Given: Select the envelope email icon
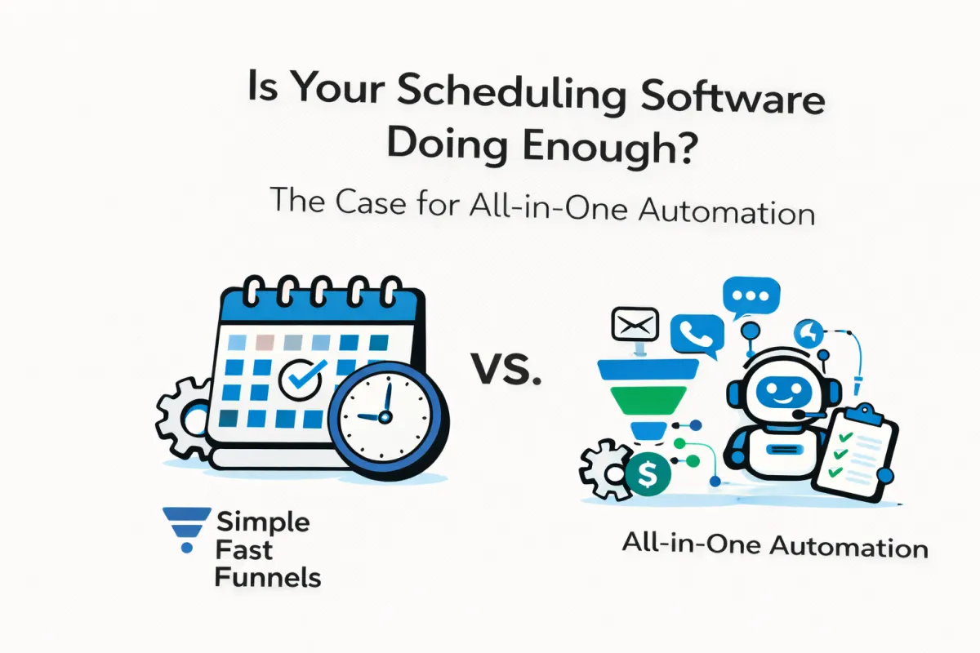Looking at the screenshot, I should pos(635,326).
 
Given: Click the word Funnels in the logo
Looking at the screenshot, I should pos(267,577).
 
